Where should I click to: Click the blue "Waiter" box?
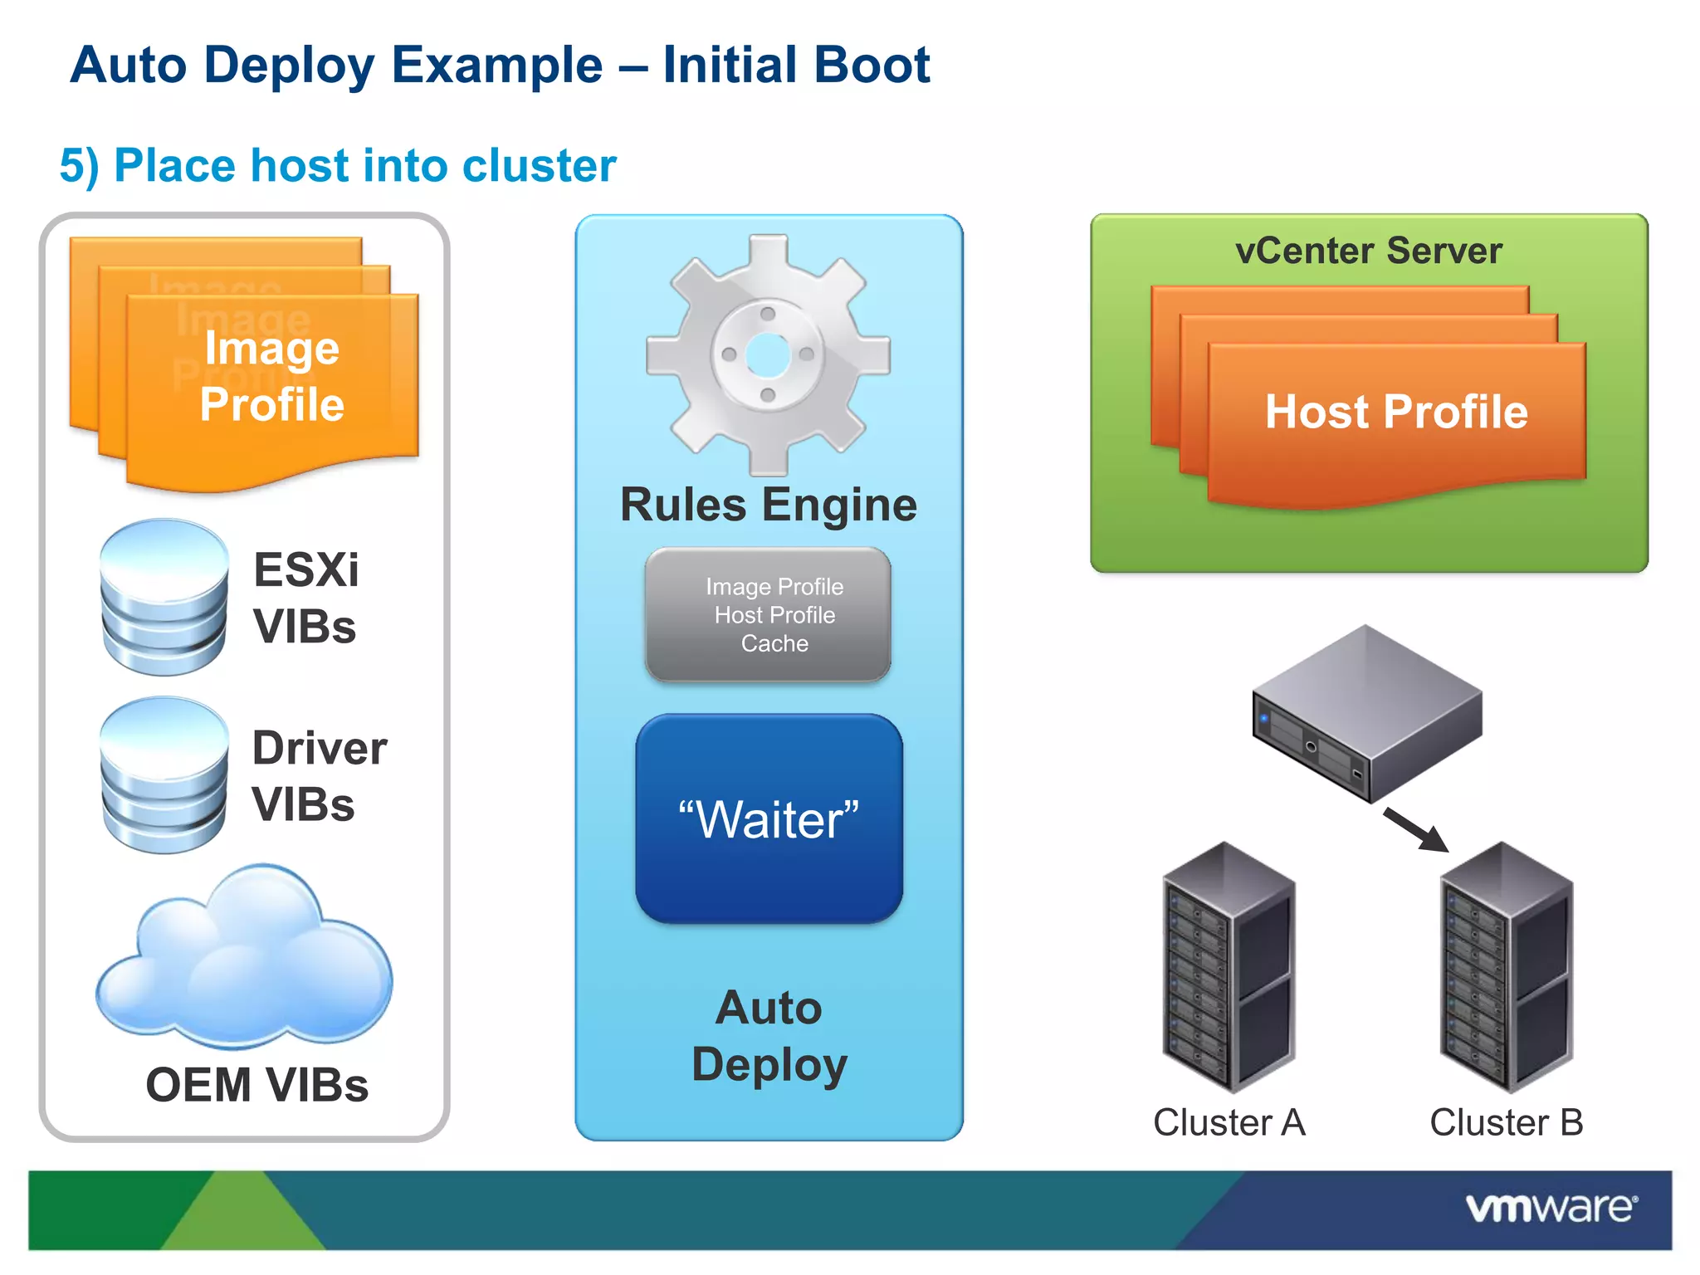pos(769,819)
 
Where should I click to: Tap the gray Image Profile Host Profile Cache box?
pos(769,615)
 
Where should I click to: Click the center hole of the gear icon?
pos(768,355)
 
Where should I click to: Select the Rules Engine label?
pos(769,505)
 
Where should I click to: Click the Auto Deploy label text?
pos(769,1036)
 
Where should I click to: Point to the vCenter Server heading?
pos(1368,251)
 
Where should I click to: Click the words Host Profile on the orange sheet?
pos(1396,412)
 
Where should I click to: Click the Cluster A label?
pos(1229,1122)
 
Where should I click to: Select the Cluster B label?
pos(1507,1122)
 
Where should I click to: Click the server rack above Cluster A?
pos(1229,967)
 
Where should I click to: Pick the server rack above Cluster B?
pos(1507,967)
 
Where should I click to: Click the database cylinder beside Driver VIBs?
pos(164,775)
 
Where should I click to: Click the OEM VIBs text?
pos(257,1085)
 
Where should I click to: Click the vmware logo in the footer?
pos(1551,1208)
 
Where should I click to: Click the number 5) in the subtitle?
pos(80,165)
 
